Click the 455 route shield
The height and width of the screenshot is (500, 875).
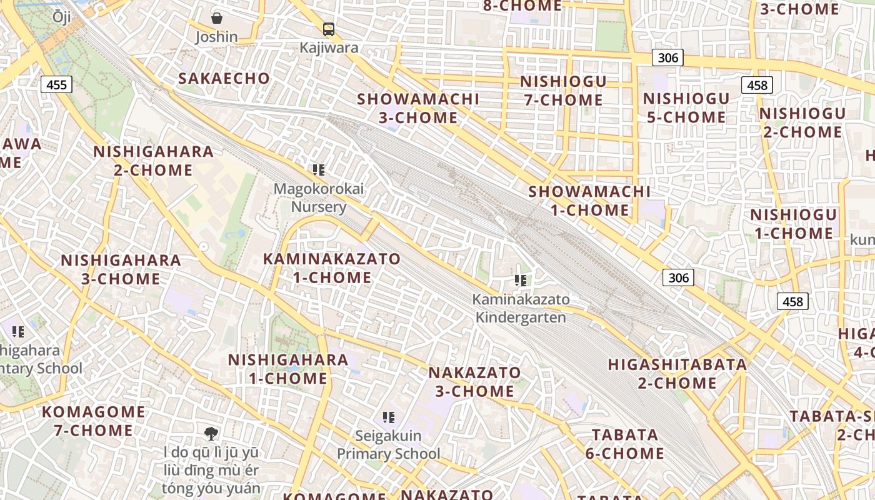[x=56, y=84]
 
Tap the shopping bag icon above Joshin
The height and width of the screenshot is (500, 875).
[x=216, y=18]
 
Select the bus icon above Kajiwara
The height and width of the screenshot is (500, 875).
[x=328, y=29]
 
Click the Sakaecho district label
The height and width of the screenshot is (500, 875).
[x=224, y=79]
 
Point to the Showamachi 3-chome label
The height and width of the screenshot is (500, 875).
[x=418, y=108]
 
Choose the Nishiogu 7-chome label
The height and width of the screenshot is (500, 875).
[x=562, y=91]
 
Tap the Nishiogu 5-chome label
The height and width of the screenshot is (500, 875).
[x=686, y=108]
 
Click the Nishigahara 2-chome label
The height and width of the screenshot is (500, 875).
[x=153, y=161]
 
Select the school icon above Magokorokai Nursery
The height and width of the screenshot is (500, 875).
[x=319, y=169]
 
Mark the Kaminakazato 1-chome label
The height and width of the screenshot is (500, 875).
[x=332, y=268]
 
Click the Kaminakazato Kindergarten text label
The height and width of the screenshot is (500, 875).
[x=521, y=308]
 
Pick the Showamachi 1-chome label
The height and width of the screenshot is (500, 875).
[x=589, y=201]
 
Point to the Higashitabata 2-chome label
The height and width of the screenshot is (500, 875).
[x=677, y=373]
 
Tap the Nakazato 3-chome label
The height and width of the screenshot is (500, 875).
[x=474, y=382]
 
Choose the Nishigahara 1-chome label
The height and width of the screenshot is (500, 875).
[x=288, y=369]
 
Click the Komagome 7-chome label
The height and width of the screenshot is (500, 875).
[x=93, y=421]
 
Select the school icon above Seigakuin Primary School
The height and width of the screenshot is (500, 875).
[x=389, y=417]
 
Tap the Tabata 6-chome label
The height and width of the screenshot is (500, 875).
[x=624, y=444]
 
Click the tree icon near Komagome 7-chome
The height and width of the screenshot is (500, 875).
[x=211, y=432]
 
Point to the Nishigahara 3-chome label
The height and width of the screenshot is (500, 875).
[x=121, y=269]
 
